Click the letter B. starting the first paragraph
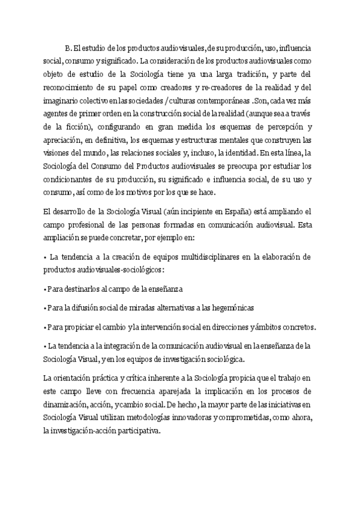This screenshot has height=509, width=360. (x=68, y=47)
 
